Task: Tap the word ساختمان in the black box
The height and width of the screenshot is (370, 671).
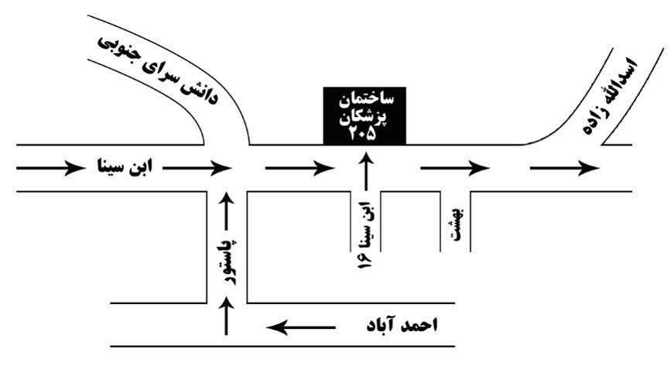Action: [366, 100]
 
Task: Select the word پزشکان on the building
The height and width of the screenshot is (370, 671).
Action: [365, 117]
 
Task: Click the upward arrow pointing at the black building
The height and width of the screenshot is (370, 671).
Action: [366, 172]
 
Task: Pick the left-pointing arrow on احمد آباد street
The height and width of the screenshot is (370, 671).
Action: [301, 328]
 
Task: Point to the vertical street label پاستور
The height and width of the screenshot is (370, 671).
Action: [230, 262]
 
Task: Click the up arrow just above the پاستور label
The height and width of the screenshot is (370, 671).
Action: [227, 211]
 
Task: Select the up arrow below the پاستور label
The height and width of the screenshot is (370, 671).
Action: [227, 317]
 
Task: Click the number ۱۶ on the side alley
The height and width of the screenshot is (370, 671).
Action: [365, 260]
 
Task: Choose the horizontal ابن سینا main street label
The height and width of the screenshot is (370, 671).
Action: [125, 167]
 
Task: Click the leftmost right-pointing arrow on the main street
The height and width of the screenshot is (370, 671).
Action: [51, 168]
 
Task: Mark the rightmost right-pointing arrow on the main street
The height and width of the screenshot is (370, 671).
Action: [565, 168]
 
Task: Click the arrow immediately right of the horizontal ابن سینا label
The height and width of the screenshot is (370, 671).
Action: [197, 168]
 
